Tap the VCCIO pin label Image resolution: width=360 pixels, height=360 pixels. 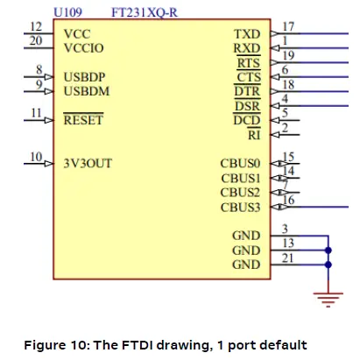(84, 47)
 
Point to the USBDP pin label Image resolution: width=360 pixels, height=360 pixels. (86, 77)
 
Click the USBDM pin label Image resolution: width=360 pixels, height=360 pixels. (87, 90)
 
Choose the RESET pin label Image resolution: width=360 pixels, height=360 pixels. (83, 120)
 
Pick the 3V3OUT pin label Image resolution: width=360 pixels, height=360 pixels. (88, 162)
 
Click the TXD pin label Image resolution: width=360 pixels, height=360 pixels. (247, 34)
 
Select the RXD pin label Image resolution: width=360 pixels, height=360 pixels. (247, 48)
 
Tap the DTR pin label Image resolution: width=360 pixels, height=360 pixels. (247, 91)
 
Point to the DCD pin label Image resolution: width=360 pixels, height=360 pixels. (247, 120)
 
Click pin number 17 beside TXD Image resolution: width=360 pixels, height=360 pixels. (288, 27)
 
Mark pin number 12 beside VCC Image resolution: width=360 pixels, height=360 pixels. (35, 27)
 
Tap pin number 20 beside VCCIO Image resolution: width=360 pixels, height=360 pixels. (35, 41)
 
